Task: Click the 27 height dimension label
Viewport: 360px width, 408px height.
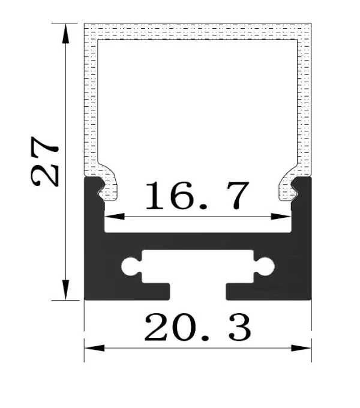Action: pyautogui.click(x=45, y=160)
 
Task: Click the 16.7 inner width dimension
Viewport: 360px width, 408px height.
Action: pyautogui.click(x=196, y=196)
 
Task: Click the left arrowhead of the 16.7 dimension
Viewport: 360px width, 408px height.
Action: pyautogui.click(x=111, y=215)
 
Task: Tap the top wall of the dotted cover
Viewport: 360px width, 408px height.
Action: pyautogui.click(x=197, y=32)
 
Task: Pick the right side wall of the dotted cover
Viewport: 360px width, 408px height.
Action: pyautogui.click(x=305, y=102)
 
